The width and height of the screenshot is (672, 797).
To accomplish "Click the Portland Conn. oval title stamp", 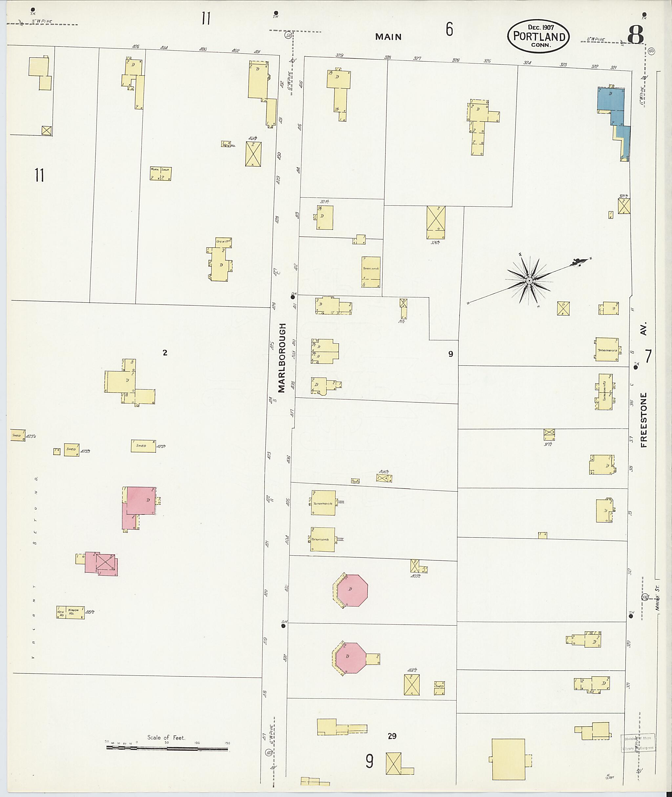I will tap(538, 36).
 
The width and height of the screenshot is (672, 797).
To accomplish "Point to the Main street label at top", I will tap(388, 37).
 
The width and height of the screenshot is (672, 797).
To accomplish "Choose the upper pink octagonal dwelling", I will tap(353, 591).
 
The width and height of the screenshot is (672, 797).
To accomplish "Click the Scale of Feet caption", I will tap(166, 738).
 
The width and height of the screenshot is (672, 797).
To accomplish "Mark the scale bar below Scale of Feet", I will tap(167, 749).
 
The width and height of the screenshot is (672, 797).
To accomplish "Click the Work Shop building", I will tap(160, 173).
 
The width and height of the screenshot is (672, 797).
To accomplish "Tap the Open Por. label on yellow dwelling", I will tap(223, 241).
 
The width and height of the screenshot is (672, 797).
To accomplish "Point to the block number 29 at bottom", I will tap(392, 736).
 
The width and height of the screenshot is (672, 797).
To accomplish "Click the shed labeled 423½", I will tap(143, 446).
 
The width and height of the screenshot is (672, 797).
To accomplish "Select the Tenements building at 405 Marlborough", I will tap(324, 503).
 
